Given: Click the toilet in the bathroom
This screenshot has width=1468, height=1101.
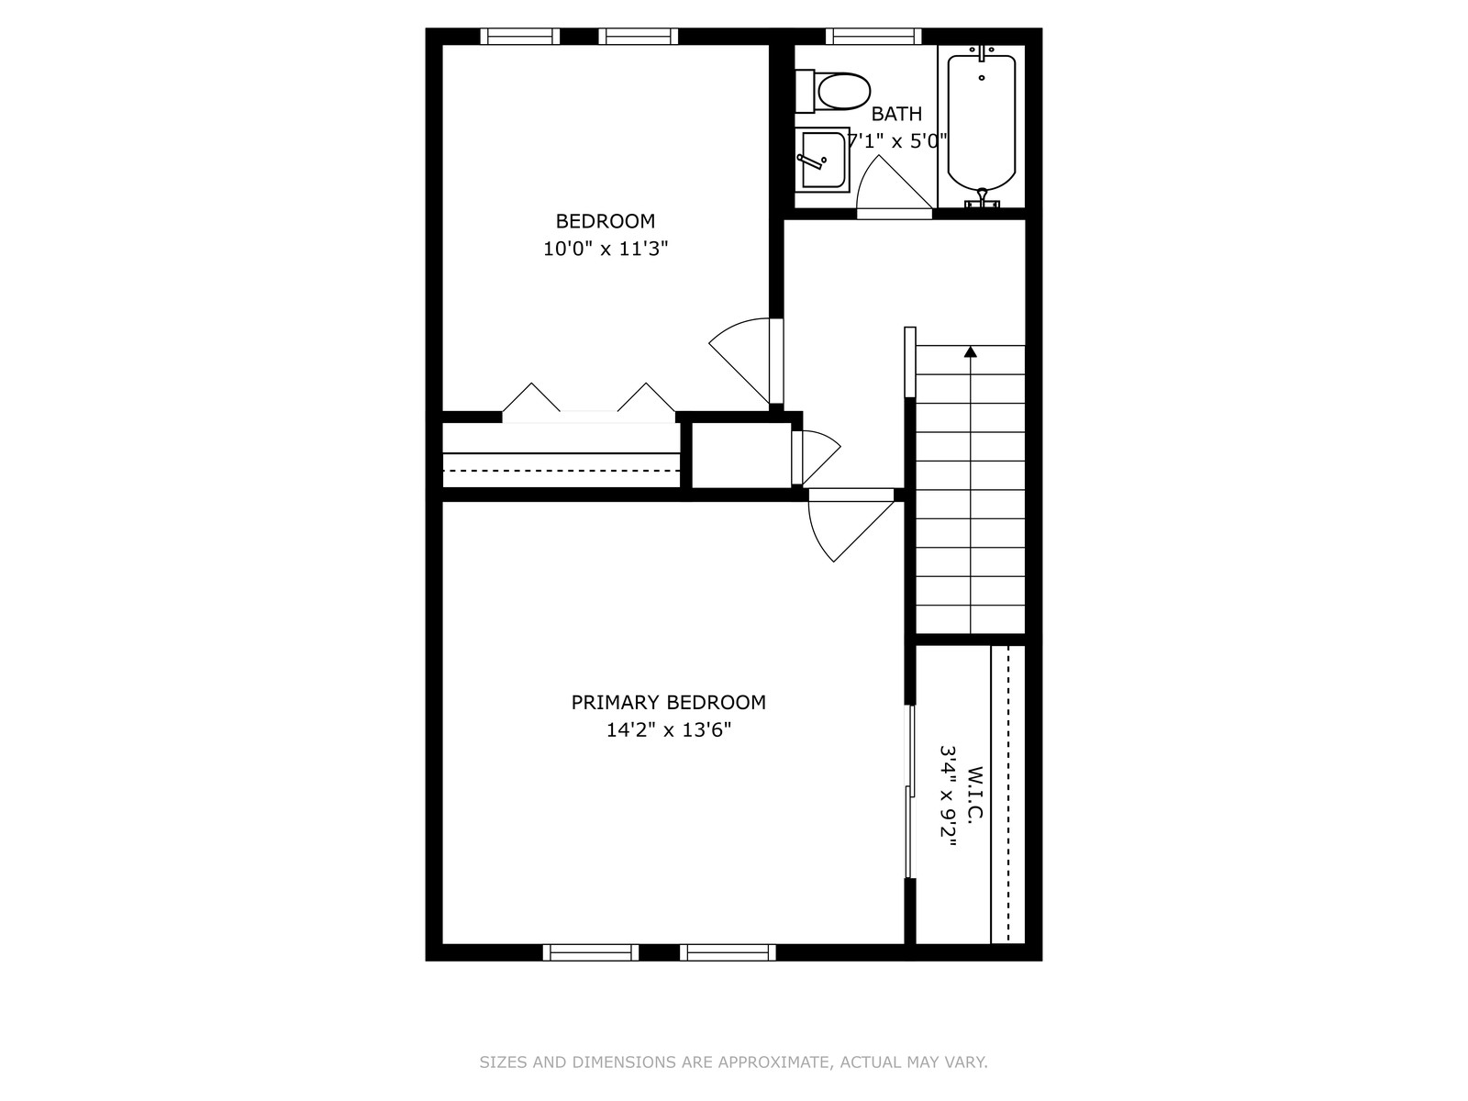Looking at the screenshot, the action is [x=832, y=91].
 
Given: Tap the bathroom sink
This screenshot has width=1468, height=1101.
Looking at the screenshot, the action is [x=822, y=160].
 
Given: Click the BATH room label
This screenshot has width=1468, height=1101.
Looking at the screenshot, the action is [x=896, y=115].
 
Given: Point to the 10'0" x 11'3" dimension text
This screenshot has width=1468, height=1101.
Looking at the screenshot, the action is [x=606, y=249].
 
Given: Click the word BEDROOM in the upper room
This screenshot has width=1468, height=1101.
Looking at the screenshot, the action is [x=606, y=220].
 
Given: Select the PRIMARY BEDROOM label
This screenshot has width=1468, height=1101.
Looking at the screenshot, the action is [x=668, y=702].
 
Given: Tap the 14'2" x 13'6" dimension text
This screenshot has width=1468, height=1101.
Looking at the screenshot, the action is [x=668, y=730].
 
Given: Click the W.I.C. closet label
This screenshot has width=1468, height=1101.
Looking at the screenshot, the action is [x=975, y=795].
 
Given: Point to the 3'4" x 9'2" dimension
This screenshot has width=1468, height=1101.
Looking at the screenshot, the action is [x=948, y=795].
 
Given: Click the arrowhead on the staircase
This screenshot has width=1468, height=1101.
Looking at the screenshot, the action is [x=970, y=351].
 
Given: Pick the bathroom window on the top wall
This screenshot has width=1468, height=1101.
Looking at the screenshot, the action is [x=873, y=36].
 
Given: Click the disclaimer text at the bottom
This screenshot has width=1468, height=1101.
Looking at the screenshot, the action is [x=733, y=1062].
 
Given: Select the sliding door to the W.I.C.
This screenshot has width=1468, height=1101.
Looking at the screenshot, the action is [x=909, y=792].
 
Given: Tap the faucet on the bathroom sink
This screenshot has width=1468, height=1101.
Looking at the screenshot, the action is [x=810, y=161].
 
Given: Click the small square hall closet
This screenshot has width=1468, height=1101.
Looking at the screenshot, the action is [x=741, y=455].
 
